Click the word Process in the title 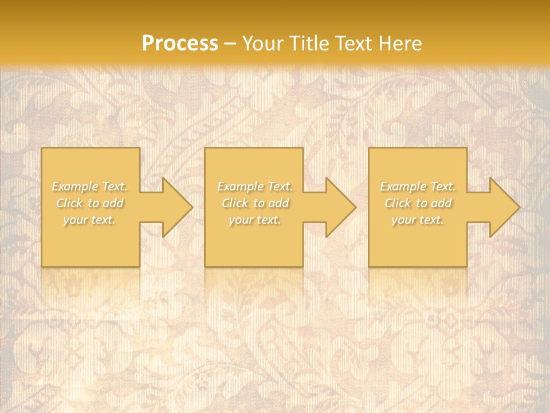tap(180, 44)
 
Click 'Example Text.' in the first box tap(89, 186)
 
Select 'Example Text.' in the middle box tap(255, 186)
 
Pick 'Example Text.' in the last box tap(418, 186)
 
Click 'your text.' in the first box tap(89, 220)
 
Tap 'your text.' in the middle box tap(255, 220)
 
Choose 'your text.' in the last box tap(418, 220)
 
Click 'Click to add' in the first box tap(89, 203)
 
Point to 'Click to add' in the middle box tap(255, 203)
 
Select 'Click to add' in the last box tap(418, 203)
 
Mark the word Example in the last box tap(403, 186)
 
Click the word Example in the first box tap(75, 186)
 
